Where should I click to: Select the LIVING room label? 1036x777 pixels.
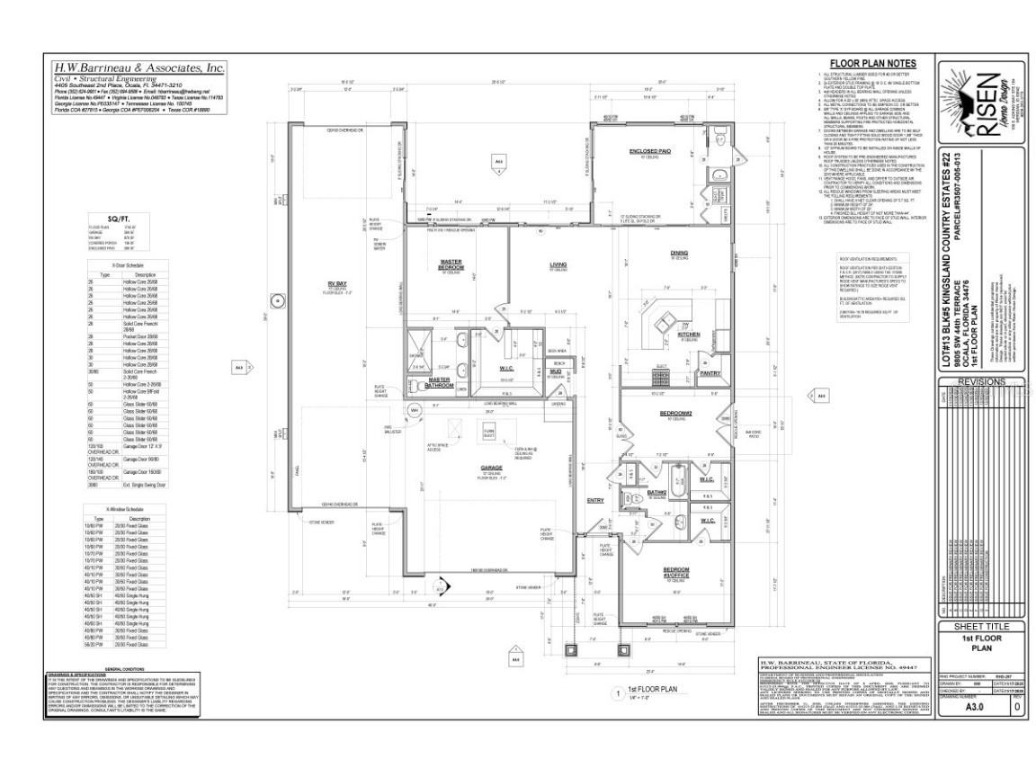coord(558,264)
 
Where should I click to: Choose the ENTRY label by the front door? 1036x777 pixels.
coord(595,500)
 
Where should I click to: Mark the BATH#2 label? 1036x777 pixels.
coord(656,493)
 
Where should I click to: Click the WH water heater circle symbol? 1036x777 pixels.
coord(415,411)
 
